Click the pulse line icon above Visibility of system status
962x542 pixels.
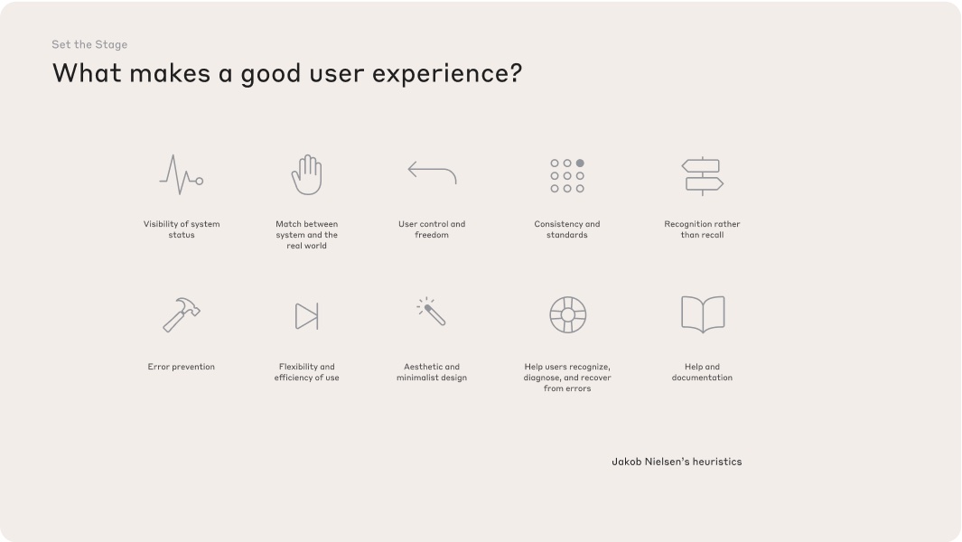coord(181,174)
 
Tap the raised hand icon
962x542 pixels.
coord(307,174)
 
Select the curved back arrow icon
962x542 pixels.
coord(432,172)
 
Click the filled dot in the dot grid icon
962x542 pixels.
coord(580,164)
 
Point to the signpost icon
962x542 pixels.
coord(702,176)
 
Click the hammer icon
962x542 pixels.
coord(181,314)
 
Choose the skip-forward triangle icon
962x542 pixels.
coord(307,316)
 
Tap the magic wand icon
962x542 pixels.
coord(432,312)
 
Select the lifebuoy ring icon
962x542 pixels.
coord(567,315)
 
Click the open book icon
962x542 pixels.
coord(702,314)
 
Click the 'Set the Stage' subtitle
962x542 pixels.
coord(89,44)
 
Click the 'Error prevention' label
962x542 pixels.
coord(181,367)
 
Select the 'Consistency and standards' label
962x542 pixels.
coord(567,229)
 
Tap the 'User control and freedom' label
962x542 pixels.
coord(432,229)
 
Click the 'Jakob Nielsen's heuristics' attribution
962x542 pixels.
coord(677,462)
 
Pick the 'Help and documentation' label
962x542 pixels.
coord(702,372)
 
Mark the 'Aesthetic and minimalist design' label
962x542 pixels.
coord(432,372)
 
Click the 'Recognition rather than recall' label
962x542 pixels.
coord(702,229)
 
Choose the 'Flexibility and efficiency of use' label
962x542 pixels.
coord(307,372)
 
